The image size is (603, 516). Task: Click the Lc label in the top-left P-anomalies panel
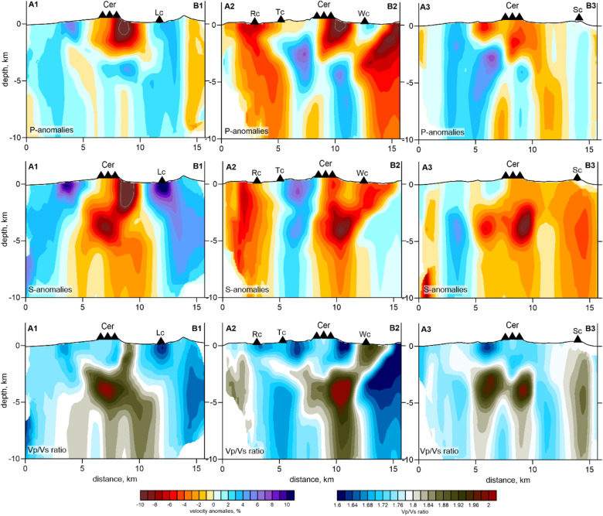click(159, 12)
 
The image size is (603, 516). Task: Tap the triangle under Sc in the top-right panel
click(579, 18)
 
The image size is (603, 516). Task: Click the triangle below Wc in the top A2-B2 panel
click(364, 19)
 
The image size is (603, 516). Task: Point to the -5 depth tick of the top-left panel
click(19, 80)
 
